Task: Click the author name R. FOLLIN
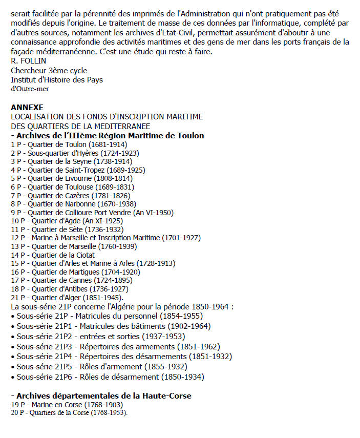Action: click(28, 61)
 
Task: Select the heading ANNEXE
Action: click(27, 108)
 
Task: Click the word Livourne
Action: click(78, 178)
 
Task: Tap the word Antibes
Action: click(76, 289)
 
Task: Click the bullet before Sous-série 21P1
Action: click(13, 326)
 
